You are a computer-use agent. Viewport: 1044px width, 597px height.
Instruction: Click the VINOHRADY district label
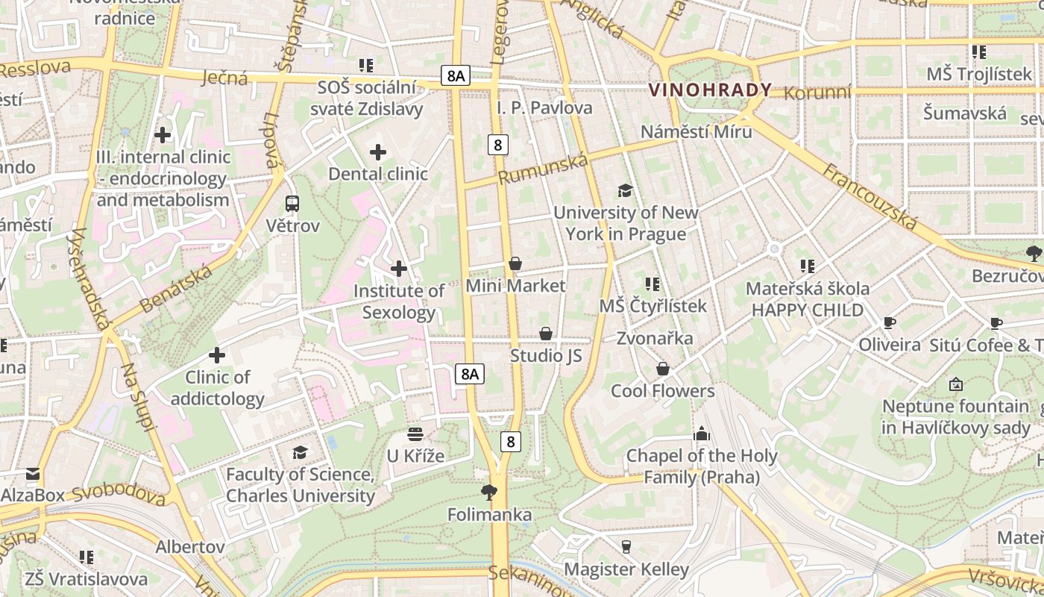(710, 90)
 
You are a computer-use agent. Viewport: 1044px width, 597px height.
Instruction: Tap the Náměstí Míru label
(696, 131)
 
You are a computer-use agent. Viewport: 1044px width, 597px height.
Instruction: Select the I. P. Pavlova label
(544, 107)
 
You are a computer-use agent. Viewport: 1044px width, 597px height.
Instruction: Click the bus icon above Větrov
(292, 203)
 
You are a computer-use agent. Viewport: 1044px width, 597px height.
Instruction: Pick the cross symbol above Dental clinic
(378, 152)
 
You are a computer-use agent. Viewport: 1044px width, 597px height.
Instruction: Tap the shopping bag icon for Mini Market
(515, 263)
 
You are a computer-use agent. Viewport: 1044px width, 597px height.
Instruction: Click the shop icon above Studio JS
(546, 334)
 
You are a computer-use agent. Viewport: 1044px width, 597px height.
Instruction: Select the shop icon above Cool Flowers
(662, 369)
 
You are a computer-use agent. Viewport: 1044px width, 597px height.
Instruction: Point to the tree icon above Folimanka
(489, 492)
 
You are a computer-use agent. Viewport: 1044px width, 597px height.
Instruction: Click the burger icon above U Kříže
(415, 434)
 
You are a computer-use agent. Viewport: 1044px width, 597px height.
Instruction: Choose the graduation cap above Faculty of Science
(300, 452)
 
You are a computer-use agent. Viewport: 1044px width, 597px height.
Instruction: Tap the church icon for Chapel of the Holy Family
(702, 434)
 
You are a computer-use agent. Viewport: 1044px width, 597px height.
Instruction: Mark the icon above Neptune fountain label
(955, 384)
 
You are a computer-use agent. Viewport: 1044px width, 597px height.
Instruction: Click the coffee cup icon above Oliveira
(889, 322)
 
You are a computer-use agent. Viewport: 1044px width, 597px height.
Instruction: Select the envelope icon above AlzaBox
(33, 473)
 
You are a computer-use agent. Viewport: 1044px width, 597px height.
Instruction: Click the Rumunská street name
(542, 169)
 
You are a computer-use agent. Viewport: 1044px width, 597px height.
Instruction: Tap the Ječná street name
(224, 76)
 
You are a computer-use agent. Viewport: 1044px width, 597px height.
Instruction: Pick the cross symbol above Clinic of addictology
(217, 355)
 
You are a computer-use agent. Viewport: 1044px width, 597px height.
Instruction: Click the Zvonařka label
(655, 338)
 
